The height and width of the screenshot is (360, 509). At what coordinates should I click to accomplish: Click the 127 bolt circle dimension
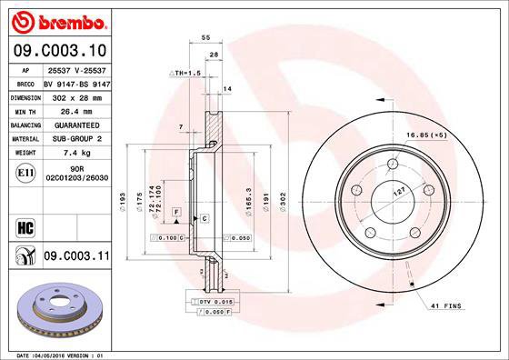pos(398,192)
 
